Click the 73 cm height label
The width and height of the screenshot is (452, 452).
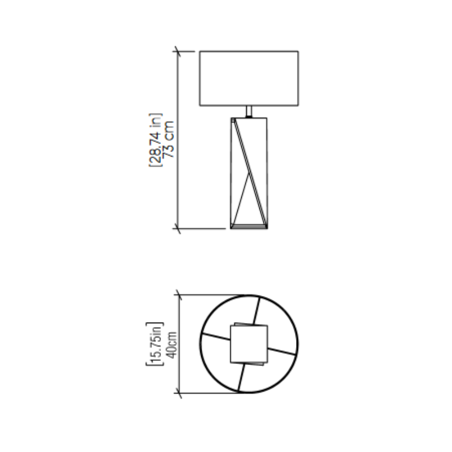point(169,140)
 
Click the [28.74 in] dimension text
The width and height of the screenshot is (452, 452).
point(156,140)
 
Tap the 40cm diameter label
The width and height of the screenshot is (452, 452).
point(172,345)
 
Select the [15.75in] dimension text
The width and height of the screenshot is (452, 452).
point(155,344)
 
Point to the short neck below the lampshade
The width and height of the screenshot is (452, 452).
point(249,111)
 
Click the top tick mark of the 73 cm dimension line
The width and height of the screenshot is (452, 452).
point(178,51)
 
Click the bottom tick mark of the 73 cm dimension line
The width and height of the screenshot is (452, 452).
point(178,229)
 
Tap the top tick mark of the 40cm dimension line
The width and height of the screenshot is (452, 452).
point(179,295)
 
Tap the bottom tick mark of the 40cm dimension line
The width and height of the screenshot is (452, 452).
point(179,393)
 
